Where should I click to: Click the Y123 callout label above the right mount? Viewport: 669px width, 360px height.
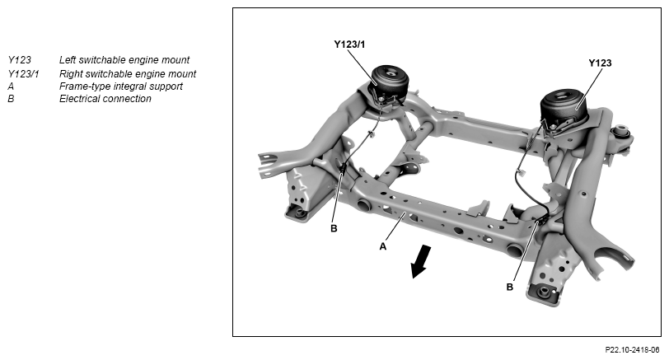tap(600, 63)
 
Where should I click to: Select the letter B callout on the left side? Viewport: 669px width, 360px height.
tap(334, 228)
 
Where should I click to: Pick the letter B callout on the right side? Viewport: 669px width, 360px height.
tap(509, 287)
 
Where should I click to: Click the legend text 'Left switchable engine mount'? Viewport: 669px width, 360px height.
tap(124, 60)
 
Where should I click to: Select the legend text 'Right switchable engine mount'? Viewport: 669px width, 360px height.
tap(128, 73)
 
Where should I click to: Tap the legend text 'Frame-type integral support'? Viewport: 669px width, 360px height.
tap(121, 86)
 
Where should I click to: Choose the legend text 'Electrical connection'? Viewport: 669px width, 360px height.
tap(105, 99)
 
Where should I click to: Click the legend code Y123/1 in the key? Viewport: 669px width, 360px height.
tap(24, 73)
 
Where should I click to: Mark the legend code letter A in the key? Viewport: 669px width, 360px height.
tap(11, 86)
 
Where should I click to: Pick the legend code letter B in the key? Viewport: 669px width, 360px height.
tap(11, 99)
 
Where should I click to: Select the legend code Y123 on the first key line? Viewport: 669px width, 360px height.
tap(20, 60)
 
